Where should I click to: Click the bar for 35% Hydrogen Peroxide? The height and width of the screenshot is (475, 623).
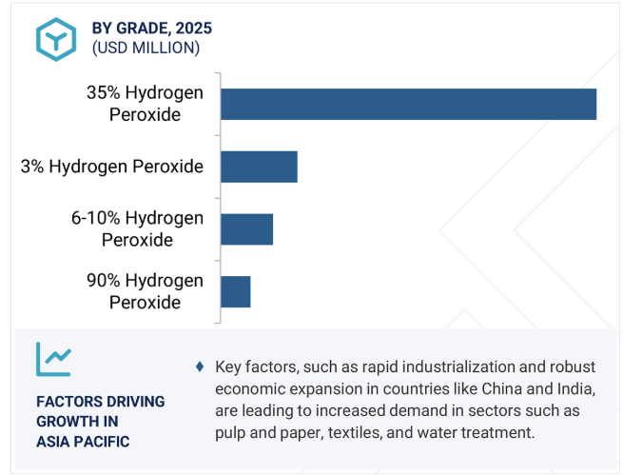408,104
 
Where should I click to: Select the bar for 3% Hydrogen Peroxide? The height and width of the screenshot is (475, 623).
259,167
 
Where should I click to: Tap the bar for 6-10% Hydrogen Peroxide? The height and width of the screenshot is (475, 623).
246,229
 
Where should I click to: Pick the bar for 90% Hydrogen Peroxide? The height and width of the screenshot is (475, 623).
236,291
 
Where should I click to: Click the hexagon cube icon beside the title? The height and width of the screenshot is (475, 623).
56,39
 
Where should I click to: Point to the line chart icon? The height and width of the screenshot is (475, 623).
53,359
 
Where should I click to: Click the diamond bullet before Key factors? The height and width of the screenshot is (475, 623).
200,366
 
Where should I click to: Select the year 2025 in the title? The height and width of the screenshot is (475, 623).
194,29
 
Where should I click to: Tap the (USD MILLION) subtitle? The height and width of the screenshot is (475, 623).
146,48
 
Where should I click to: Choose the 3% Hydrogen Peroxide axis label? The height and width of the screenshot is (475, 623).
112,167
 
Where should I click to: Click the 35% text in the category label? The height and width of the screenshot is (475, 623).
104,92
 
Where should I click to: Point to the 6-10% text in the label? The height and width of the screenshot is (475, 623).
96,218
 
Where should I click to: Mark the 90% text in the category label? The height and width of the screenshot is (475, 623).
104,280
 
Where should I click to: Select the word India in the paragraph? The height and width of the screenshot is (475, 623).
575,388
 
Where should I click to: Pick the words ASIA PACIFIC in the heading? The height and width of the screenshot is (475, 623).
83,442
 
